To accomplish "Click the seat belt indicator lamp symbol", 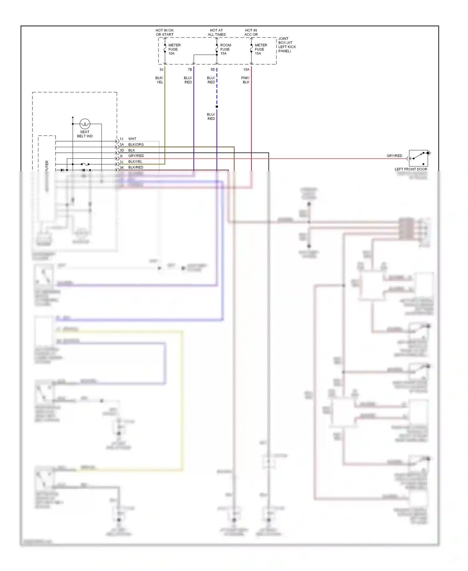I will click(85, 124).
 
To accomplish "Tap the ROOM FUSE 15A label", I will click(225, 49).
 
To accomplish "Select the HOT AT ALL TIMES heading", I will click(217, 32).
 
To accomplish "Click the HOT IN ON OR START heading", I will click(164, 32).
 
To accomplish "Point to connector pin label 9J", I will click(161, 70).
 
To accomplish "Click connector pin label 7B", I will click(190, 70).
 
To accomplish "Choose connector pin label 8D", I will click(213, 70).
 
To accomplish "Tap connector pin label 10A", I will click(246, 70).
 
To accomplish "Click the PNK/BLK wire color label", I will click(246, 80).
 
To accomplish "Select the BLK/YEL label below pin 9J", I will click(159, 80).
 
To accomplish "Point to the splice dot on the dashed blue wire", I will click(217, 107).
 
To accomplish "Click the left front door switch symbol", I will click(418, 158).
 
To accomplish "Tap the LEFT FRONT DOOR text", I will click(411, 169).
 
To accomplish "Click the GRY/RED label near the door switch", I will click(394, 156).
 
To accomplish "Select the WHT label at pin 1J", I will click(132, 139).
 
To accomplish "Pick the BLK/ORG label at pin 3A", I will click(136, 145).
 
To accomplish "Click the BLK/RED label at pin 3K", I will click(136, 167).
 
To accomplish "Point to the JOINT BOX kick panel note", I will click(287, 45).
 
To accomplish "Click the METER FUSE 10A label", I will click(174, 49).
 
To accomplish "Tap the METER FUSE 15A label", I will click(261, 49).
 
